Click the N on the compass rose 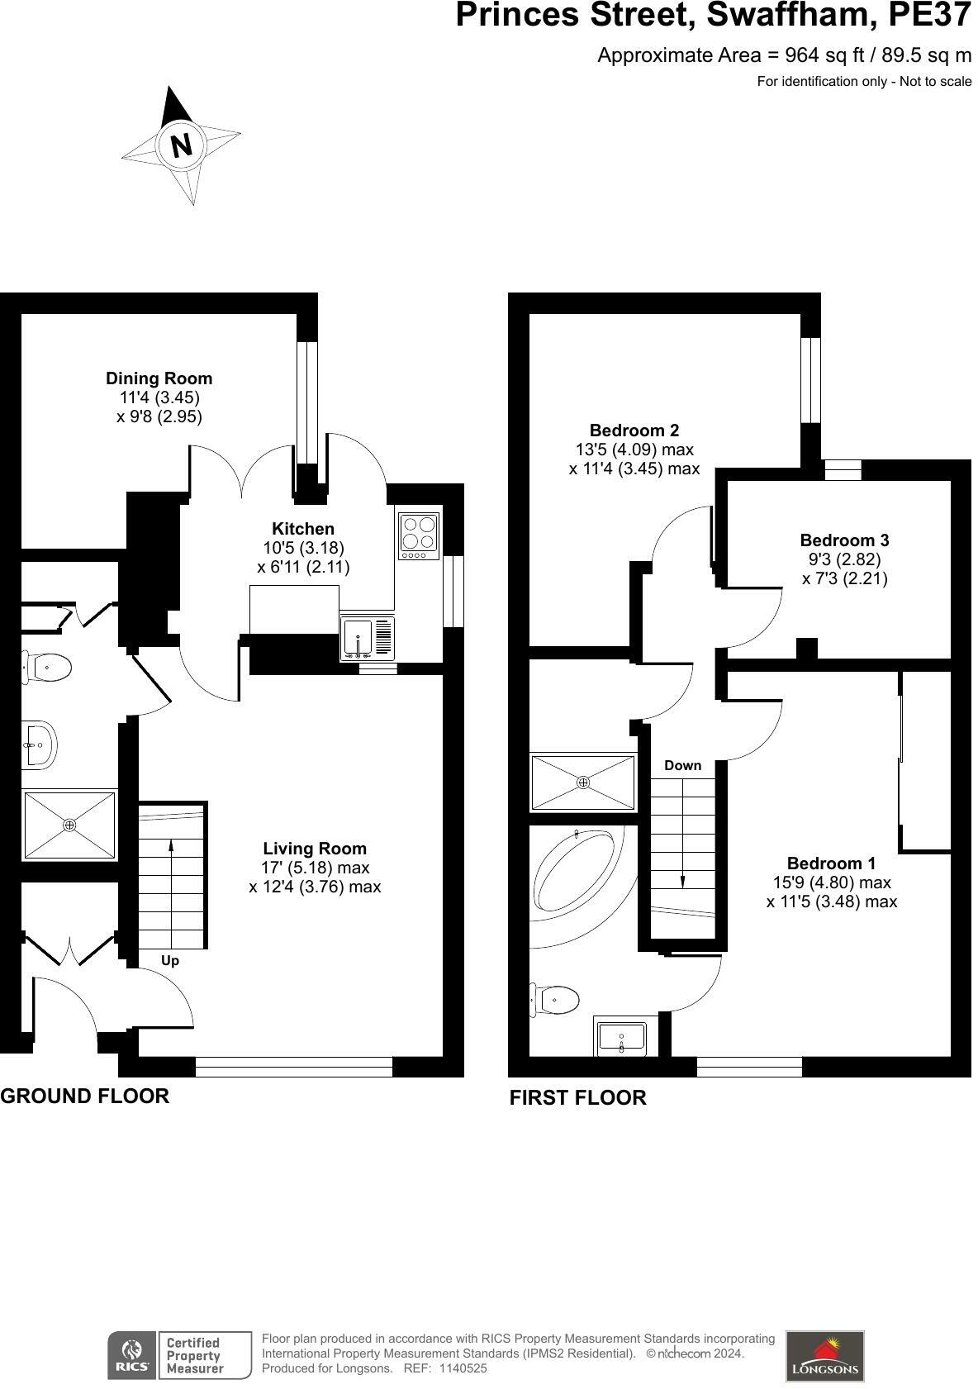coord(181,145)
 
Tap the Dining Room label coord(159,378)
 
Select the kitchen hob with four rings coord(419,533)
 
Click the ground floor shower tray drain coord(69,825)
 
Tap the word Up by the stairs coord(170,960)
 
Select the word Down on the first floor coord(682,765)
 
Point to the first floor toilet coord(555,1000)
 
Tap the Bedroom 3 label coord(844,540)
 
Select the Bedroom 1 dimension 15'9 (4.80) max coord(831,882)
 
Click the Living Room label coord(315,849)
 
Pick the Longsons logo coord(824,1355)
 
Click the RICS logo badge coord(131,1355)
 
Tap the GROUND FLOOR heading coord(84,1096)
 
